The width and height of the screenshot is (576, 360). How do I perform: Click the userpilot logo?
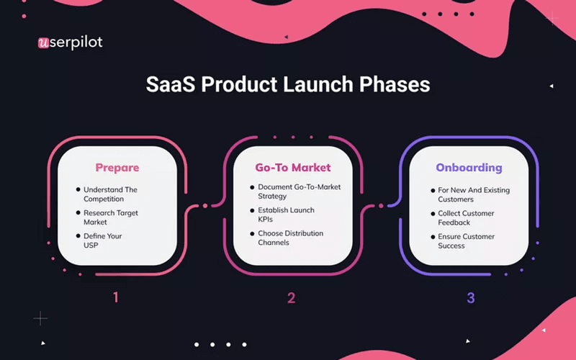pyautogui.click(x=70, y=42)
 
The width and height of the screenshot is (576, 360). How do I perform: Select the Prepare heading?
pyautogui.click(x=117, y=168)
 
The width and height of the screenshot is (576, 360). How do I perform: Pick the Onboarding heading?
pyautogui.click(x=469, y=168)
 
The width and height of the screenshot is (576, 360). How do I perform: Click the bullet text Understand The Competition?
pyautogui.click(x=110, y=194)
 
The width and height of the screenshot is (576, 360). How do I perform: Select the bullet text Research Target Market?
pyautogui.click(x=111, y=217)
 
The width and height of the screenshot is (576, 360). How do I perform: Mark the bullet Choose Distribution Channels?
pyautogui.click(x=290, y=238)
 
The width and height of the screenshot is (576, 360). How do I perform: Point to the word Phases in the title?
pyautogui.click(x=400, y=84)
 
